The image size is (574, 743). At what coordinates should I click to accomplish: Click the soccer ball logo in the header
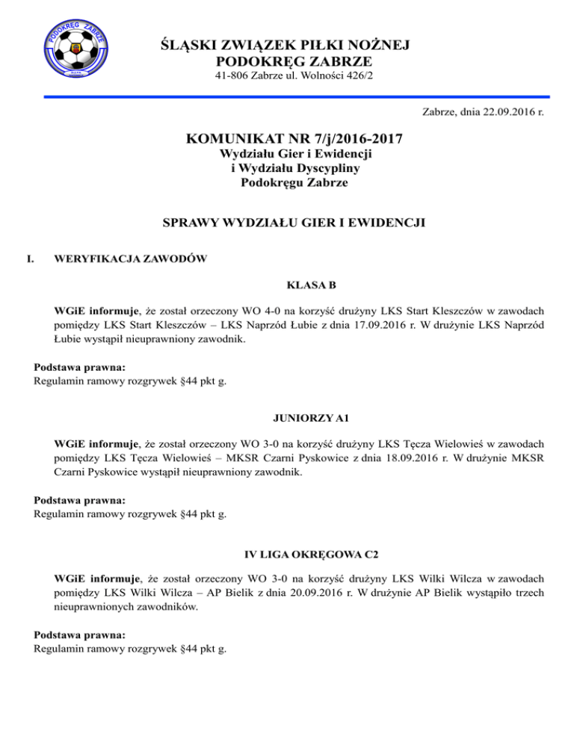(x=77, y=49)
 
